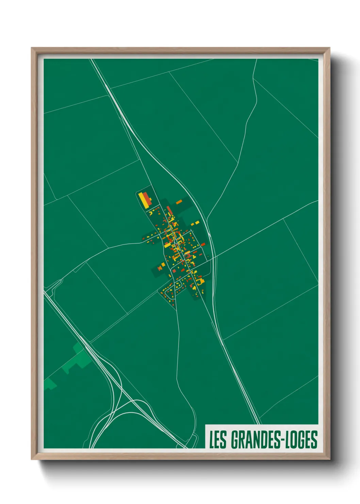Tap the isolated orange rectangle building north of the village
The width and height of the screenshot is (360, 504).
coord(179,202)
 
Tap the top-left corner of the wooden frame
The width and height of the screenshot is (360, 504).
coord(32,48)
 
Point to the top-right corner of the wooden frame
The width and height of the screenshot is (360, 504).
coord(329,48)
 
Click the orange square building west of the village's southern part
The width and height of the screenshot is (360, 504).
coord(160,268)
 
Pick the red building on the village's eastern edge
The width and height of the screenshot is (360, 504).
coord(203,244)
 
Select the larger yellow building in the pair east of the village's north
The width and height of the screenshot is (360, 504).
coord(197,222)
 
